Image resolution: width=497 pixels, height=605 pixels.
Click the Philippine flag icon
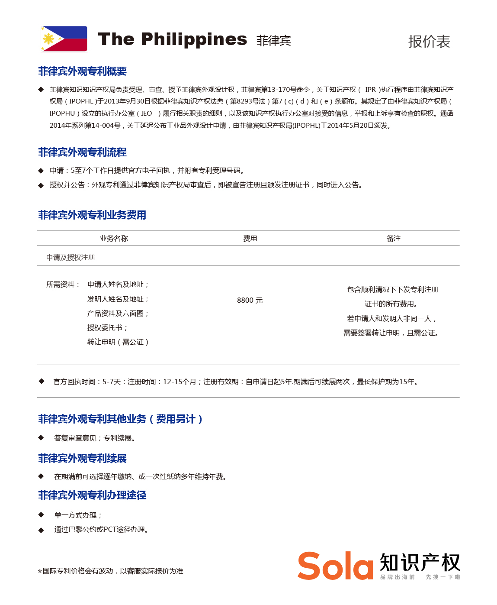coord(64,39)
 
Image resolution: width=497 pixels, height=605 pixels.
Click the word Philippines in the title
coord(194,39)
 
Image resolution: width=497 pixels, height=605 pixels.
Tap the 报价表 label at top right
coord(429,42)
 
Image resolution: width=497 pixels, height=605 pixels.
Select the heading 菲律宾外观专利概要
coord(82,71)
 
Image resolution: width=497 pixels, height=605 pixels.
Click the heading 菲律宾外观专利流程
coord(82,152)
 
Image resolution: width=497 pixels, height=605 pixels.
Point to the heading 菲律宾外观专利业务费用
coord(92,215)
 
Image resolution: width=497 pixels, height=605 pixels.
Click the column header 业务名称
coord(114,238)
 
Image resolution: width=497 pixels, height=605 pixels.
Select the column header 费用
coord(250,238)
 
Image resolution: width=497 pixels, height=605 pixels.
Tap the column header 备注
coord(394,238)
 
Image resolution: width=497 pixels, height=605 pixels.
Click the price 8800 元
coord(250,300)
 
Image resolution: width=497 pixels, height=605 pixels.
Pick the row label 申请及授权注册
coord(71,257)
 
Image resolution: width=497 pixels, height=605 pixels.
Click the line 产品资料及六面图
coord(118,313)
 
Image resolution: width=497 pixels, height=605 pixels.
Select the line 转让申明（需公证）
coord(118,342)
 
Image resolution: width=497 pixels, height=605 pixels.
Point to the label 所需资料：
coord(63,284)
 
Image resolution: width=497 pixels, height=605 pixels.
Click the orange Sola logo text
coord(335,566)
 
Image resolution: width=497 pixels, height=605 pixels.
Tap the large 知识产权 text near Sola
coord(420,563)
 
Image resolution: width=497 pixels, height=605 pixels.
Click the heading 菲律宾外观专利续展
coord(82,458)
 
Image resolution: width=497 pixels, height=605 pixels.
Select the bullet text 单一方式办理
coord(78,515)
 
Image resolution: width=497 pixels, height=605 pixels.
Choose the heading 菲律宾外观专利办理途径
coord(92,495)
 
